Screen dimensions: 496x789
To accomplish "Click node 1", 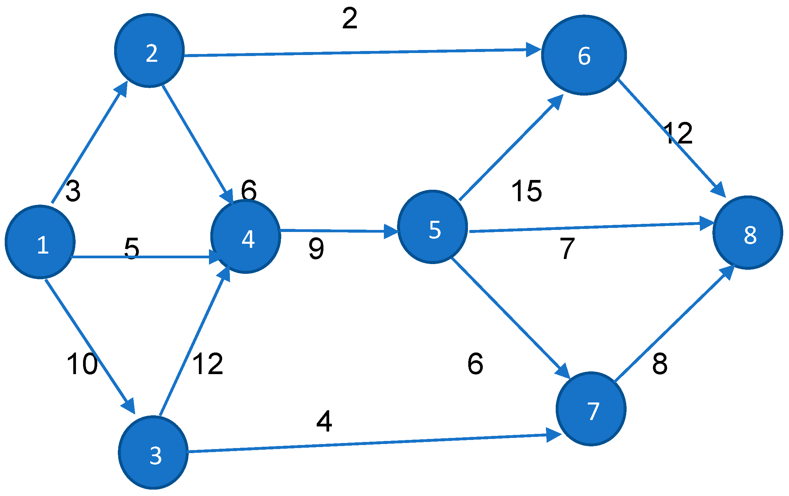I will (40, 242).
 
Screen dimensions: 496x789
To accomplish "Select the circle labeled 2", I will (150, 51).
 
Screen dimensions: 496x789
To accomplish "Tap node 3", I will (153, 452).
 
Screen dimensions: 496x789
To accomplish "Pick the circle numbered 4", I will (246, 236).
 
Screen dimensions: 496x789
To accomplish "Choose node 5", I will (432, 227).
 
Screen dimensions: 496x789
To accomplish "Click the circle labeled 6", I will (584, 55).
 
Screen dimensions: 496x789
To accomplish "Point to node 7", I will (591, 409).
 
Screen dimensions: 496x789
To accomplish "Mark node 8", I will (747, 233).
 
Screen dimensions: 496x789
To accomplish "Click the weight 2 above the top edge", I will (349, 19).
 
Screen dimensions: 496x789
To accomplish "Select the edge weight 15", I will (526, 191).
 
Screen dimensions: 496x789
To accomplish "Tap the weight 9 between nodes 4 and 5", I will (316, 249).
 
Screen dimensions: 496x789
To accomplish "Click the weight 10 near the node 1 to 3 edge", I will (82, 364).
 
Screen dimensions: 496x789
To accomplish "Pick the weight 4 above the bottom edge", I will (324, 421).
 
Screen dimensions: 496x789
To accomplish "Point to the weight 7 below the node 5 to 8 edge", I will (567, 249).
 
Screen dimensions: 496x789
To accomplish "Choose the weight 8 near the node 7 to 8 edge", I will (660, 364).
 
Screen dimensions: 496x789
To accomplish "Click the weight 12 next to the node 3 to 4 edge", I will (207, 364).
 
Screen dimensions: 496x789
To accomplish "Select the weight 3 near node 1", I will (73, 191).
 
